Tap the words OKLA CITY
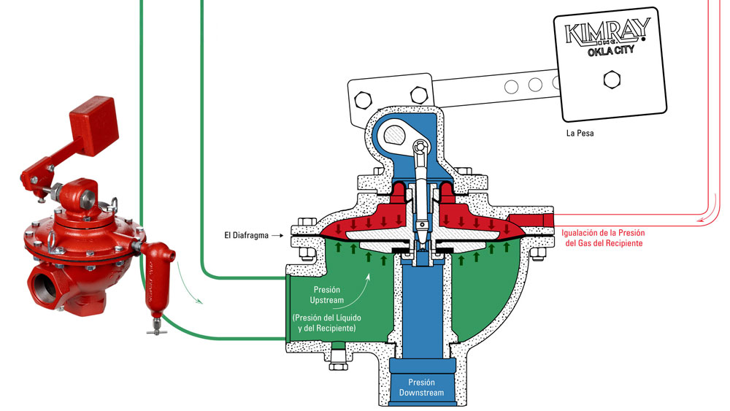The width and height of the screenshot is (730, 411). click(605, 53)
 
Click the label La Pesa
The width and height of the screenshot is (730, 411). click(581, 134)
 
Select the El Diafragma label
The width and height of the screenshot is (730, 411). click(246, 236)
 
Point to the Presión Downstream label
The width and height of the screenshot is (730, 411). click(420, 387)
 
